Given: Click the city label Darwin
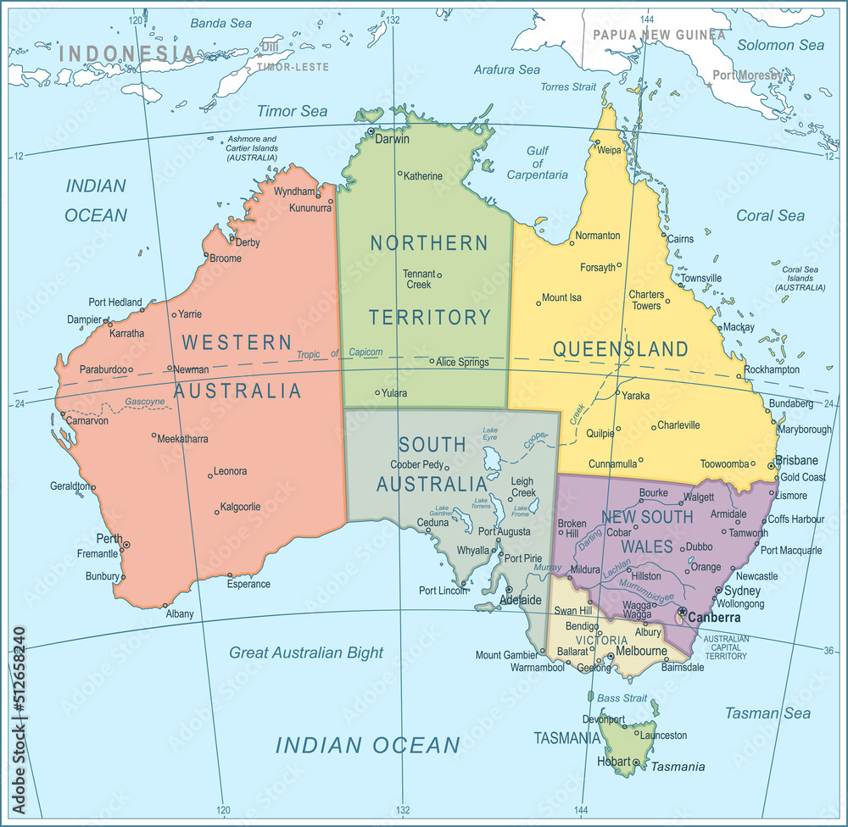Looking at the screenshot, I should click(392, 139).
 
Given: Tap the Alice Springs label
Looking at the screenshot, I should click(462, 362).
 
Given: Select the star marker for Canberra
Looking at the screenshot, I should click(682, 611).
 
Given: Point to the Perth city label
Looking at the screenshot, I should click(109, 539).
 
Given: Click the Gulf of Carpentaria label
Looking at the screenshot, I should click(538, 163).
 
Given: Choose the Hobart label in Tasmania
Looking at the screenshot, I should click(614, 762).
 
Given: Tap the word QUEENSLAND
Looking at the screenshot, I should click(621, 349).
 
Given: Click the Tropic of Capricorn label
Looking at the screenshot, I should click(339, 353).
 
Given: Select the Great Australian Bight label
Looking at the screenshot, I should click(306, 652).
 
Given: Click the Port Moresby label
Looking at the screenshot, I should click(747, 75).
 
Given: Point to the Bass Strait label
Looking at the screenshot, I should click(622, 698).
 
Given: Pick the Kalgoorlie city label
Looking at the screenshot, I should click(240, 507).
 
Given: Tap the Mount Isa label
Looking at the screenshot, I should click(561, 297).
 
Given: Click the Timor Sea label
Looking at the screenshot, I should click(292, 111).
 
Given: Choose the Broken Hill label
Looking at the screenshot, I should click(572, 529).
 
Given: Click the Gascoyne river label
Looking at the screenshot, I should click(144, 401).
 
